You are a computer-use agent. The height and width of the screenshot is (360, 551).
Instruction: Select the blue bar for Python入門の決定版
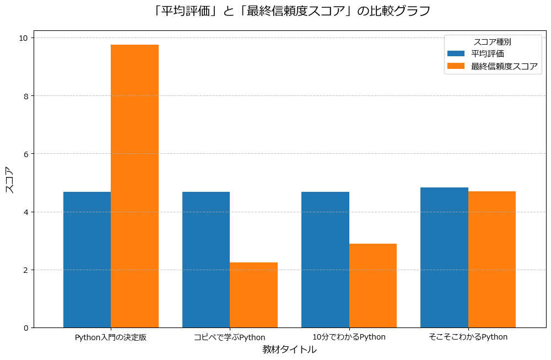point(87,260)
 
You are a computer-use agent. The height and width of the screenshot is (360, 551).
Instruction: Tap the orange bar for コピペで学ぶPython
point(253,295)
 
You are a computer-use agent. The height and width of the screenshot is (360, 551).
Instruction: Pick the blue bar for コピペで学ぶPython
point(206,260)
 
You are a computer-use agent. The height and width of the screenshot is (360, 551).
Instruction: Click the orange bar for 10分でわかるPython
point(372,286)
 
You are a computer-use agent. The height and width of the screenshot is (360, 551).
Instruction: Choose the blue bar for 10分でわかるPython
point(325,260)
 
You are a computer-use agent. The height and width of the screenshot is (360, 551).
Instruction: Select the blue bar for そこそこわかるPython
point(444,257)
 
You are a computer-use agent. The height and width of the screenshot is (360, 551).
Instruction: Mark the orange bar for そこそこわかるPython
point(491,259)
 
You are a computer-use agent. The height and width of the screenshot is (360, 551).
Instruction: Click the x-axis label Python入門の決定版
point(111,337)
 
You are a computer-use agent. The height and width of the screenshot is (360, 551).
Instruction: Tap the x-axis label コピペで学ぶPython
point(230,337)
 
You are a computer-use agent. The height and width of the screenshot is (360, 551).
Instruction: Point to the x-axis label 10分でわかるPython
point(349,337)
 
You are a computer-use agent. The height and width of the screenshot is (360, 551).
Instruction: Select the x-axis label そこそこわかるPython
point(468,337)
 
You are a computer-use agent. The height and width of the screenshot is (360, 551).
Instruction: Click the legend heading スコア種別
point(492,41)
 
